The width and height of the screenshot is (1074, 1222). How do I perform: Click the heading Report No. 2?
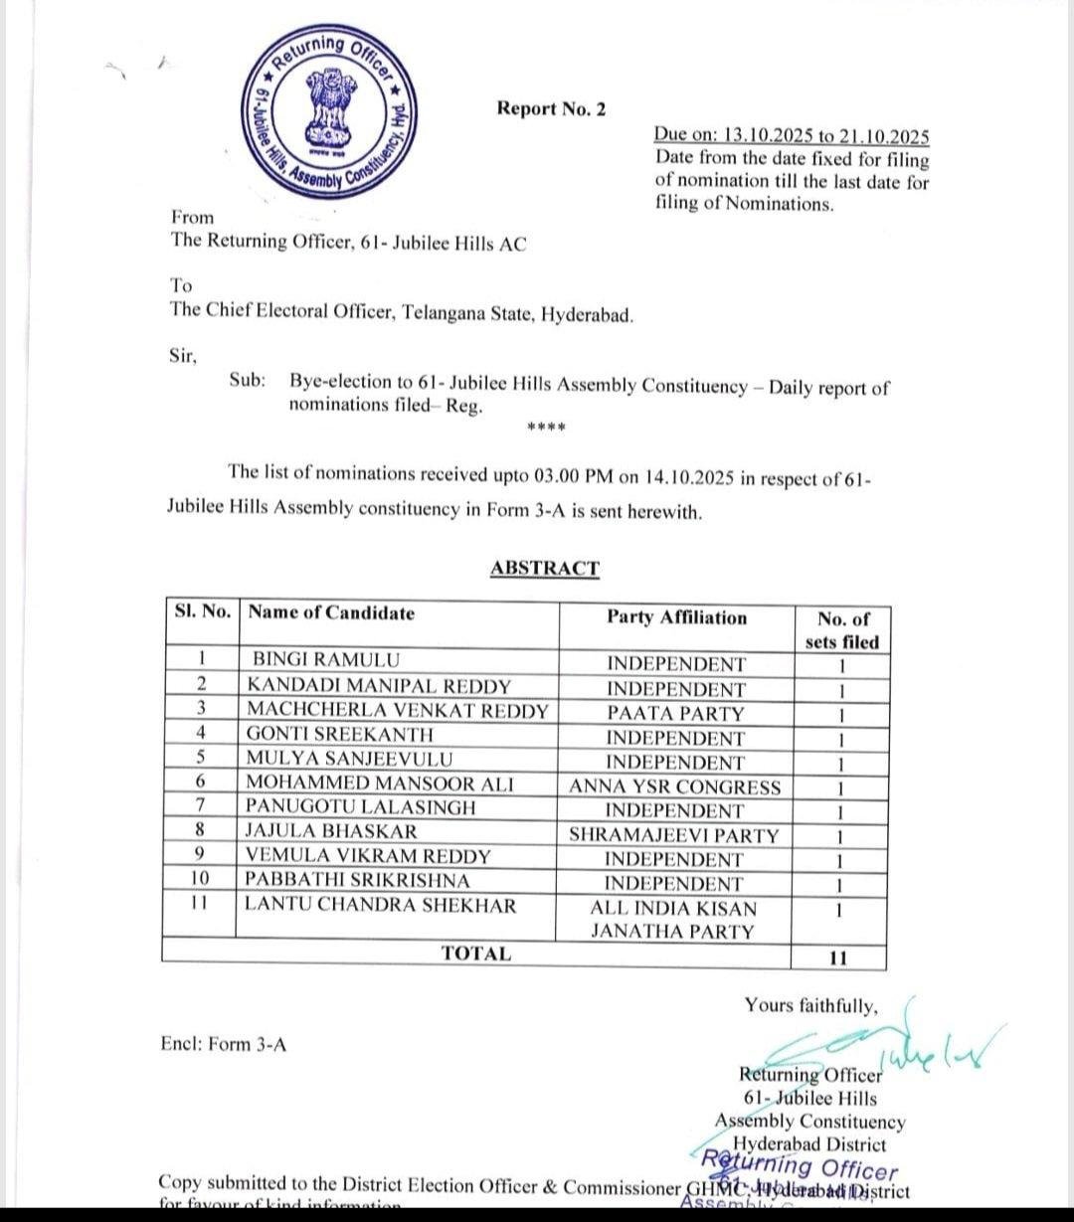click(551, 109)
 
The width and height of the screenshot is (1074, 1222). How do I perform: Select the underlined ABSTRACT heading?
click(545, 569)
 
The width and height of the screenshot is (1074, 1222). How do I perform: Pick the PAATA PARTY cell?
click(675, 714)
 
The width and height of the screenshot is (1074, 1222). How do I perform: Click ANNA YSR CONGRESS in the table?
click(675, 787)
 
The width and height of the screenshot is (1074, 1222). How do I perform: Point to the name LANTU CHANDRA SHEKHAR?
click(381, 906)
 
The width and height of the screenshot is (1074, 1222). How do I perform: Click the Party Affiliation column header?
click(676, 617)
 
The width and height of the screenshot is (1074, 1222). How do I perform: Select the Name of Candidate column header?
click(331, 613)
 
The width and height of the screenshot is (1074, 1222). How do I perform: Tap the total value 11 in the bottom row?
click(837, 959)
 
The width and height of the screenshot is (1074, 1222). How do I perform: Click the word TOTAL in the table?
click(476, 955)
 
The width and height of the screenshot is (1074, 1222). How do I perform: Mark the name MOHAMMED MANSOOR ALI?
click(380, 784)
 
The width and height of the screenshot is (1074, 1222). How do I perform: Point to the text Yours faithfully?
click(810, 1006)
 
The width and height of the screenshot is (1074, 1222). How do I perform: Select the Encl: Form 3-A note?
click(224, 1044)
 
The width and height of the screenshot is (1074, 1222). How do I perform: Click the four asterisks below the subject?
click(546, 429)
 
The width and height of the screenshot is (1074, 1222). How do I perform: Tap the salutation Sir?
click(184, 356)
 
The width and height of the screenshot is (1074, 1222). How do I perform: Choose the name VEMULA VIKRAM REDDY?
click(368, 856)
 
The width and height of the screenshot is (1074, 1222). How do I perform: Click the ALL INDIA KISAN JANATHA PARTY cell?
click(673, 921)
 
